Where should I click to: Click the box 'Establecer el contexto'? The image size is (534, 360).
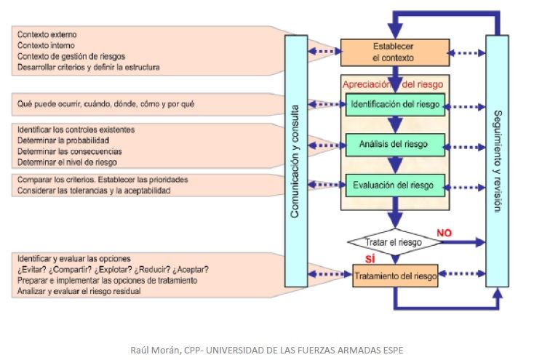(x=394, y=52)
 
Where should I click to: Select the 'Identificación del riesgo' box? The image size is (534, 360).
(x=396, y=105)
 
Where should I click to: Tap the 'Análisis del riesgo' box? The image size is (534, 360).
(x=396, y=144)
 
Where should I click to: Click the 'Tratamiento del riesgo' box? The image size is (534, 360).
(x=395, y=276)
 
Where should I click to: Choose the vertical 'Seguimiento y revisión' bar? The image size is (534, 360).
(x=497, y=160)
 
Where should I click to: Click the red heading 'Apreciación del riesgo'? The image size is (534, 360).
(x=393, y=84)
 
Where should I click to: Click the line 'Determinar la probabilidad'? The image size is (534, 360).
(x=63, y=140)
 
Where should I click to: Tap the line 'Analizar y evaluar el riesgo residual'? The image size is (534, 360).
(x=79, y=291)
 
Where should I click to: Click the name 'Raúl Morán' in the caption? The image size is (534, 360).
(x=147, y=350)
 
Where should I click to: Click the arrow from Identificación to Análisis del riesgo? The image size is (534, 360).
(x=396, y=124)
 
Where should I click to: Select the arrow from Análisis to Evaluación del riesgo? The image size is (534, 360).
(x=396, y=164)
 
